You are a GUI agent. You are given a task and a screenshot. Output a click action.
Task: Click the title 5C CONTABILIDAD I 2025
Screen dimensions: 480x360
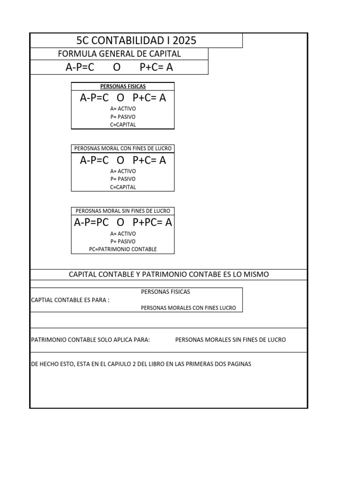136,40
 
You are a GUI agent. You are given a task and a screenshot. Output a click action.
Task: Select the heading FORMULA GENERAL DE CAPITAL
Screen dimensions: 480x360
119,54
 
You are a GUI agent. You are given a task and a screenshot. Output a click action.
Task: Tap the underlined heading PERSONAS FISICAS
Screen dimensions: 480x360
123,86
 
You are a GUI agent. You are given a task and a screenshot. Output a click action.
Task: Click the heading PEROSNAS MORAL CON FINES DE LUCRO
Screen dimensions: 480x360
123,149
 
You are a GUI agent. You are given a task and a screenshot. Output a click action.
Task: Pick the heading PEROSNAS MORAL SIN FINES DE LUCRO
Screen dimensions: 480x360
123,211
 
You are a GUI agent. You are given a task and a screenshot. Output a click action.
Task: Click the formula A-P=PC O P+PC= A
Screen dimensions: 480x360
123,223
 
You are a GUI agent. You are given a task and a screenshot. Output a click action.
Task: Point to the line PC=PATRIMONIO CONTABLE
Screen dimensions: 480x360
123,249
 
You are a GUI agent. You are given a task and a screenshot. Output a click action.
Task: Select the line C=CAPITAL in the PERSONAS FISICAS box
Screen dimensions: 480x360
123,125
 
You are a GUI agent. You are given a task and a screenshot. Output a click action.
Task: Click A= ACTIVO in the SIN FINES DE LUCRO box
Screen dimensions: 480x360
123,233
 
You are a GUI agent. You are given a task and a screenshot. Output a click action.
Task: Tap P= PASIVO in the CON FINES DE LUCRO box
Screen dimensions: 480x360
123,179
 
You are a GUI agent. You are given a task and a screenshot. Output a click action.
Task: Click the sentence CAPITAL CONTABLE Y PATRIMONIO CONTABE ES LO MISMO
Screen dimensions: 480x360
169,274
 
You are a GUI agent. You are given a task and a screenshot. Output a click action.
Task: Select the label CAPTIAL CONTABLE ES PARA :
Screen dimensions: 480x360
70,300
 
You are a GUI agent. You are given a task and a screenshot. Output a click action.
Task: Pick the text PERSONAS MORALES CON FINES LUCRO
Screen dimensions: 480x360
188,308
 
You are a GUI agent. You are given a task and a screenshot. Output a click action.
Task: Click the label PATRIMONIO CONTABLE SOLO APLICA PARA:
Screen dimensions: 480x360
90,340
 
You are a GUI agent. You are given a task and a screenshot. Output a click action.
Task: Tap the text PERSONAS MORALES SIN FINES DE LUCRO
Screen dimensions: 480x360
230,340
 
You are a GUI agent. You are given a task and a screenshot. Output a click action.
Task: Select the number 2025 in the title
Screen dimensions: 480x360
184,40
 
